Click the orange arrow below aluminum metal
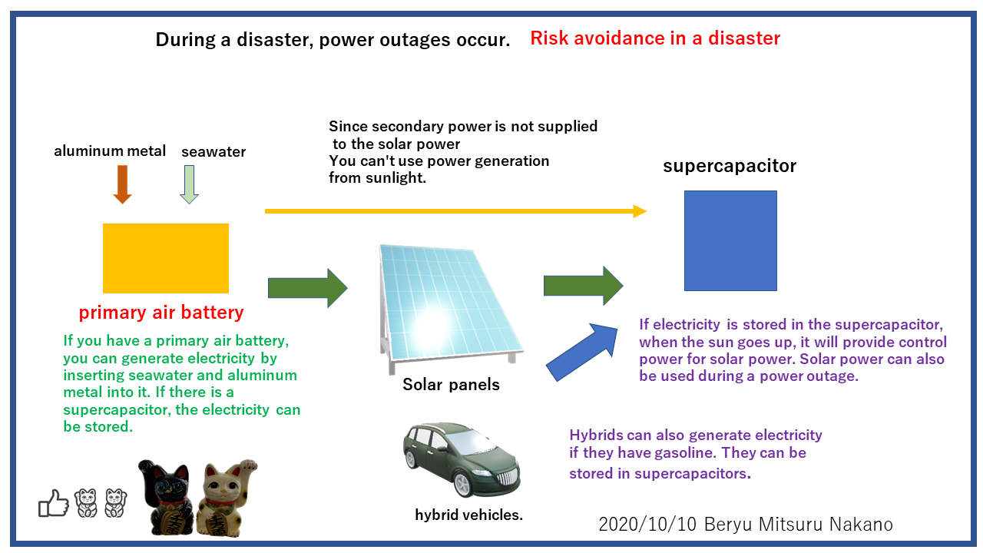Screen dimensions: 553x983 click(x=122, y=184)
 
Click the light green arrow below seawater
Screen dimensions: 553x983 click(x=189, y=184)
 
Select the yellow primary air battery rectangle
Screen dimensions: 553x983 click(x=166, y=258)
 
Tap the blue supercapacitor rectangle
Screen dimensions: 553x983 click(x=730, y=240)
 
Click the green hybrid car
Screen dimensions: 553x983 click(x=462, y=458)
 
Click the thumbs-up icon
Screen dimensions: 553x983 click(x=54, y=504)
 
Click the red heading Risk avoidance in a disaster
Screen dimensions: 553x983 click(x=655, y=38)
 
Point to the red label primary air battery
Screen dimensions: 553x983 click(x=161, y=313)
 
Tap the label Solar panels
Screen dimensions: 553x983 click(x=451, y=385)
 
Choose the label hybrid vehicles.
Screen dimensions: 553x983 click(x=468, y=515)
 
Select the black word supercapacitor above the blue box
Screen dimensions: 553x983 click(x=730, y=166)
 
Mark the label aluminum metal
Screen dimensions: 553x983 click(x=110, y=151)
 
